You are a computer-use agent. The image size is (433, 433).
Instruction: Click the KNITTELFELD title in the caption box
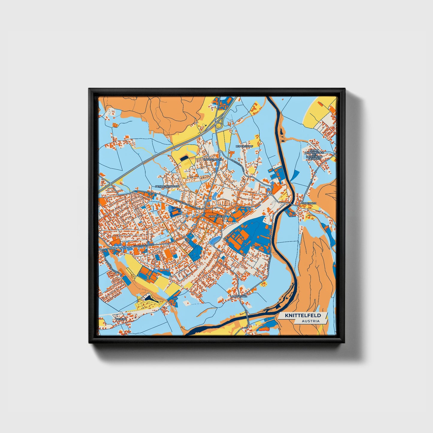click(x=303, y=316)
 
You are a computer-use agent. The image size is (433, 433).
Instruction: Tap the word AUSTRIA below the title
click(x=310, y=321)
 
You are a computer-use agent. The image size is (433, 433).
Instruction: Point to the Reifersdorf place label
click(x=244, y=146)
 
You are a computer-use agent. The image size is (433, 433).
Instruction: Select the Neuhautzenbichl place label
click(x=167, y=186)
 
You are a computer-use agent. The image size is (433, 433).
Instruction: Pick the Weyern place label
click(x=119, y=319)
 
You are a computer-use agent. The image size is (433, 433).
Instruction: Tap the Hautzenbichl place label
click(x=213, y=160)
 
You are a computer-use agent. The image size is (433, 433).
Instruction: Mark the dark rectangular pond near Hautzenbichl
click(x=184, y=158)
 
